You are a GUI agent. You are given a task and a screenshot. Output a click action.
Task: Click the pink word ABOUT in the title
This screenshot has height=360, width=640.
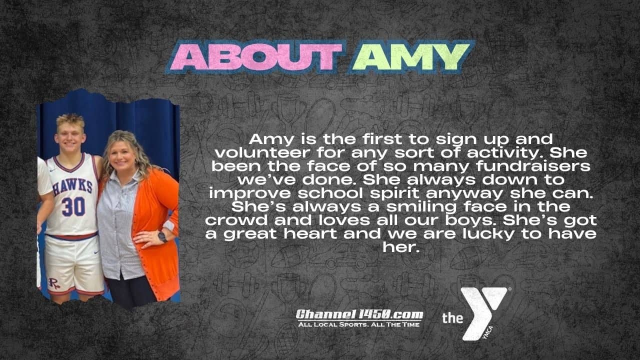pyautogui.click(x=255, y=57)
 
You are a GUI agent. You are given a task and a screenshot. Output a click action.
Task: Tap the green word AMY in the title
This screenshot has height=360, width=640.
pyautogui.click(x=411, y=57)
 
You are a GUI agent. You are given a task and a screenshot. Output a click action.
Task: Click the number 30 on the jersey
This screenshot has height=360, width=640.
pyautogui.click(x=73, y=206)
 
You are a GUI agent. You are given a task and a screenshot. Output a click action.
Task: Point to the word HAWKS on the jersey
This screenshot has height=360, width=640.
pyautogui.click(x=73, y=186)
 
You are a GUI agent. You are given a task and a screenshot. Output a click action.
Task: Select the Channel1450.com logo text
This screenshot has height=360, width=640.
pyautogui.click(x=359, y=314)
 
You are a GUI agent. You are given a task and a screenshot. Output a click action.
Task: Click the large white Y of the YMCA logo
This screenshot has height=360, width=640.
pyautogui.click(x=483, y=313)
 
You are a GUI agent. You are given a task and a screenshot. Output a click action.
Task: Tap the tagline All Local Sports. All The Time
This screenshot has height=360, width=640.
pyautogui.click(x=359, y=324)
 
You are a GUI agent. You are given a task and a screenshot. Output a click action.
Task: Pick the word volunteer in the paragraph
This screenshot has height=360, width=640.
pyautogui.click(x=262, y=152)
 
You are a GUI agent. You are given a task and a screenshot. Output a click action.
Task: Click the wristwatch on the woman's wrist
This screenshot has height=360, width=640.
pyautogui.click(x=162, y=237)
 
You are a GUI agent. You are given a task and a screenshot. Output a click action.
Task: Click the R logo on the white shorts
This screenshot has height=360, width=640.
pyautogui.click(x=53, y=283)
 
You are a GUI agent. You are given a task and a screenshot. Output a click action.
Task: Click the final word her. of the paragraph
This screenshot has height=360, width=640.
pyautogui.click(x=401, y=247)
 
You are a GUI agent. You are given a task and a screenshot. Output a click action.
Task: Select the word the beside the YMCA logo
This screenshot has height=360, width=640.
pyautogui.click(x=452, y=318)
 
